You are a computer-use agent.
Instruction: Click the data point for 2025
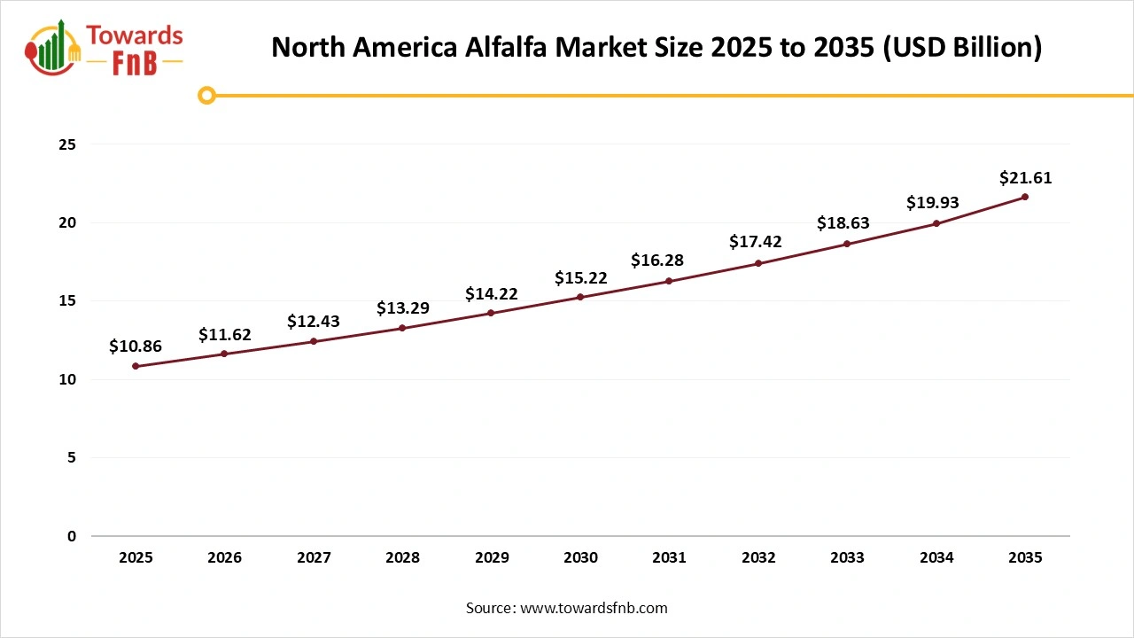point(136,366)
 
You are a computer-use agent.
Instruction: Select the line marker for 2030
point(580,297)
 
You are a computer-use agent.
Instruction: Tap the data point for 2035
point(1025,197)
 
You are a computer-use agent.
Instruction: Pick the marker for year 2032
point(758,263)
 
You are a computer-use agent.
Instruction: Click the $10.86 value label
point(136,346)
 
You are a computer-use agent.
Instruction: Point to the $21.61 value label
point(1025,177)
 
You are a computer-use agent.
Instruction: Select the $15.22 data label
point(580,277)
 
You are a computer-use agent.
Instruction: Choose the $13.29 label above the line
point(402,308)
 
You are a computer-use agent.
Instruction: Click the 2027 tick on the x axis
point(314,558)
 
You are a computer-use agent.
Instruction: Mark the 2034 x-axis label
point(936,558)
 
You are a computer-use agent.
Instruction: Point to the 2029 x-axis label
point(492,558)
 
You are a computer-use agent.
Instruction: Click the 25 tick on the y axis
point(68,144)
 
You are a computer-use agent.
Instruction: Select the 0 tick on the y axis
point(72,536)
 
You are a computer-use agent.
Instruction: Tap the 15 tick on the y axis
point(68,301)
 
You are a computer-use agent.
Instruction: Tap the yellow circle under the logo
point(206,96)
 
